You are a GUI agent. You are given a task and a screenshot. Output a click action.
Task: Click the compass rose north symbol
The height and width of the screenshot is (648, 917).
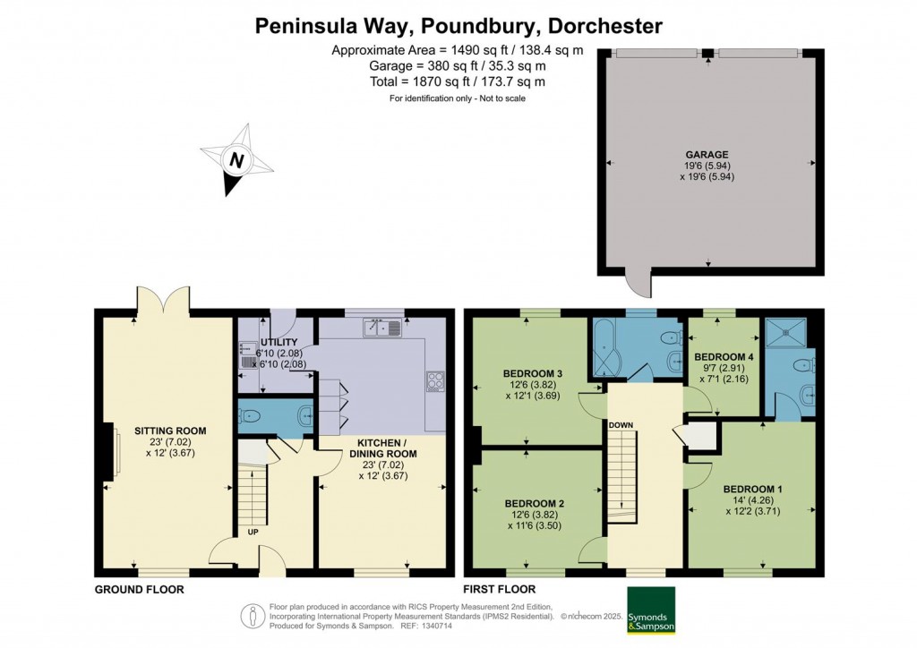point(236,162)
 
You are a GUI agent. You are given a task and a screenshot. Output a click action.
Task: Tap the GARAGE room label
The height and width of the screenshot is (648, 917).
point(708,154)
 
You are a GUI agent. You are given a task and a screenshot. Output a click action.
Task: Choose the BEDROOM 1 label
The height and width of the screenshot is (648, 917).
point(752,489)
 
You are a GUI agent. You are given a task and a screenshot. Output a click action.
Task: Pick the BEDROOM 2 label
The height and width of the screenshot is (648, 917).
point(533,503)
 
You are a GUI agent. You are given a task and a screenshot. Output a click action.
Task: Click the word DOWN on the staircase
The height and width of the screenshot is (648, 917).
point(622,425)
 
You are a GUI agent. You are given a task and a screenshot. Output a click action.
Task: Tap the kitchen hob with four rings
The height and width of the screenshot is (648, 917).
point(435,381)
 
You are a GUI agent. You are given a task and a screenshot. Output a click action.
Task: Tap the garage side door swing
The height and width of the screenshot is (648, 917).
point(640,283)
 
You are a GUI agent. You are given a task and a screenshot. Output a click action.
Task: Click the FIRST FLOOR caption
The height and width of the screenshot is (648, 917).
point(499,589)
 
